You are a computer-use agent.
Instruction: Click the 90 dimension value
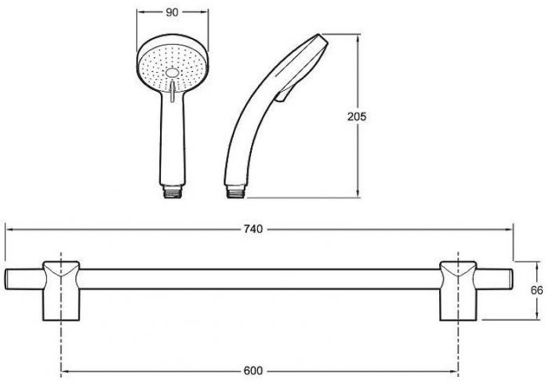[172, 13]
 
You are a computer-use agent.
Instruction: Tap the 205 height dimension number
[357, 116]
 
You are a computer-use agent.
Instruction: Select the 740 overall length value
[253, 229]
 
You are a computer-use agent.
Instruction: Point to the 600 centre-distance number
[253, 370]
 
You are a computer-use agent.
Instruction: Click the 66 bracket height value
[537, 291]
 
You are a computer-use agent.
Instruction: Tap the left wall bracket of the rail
[61, 291]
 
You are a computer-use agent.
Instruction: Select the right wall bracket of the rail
[457, 291]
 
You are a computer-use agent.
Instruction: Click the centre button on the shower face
[172, 73]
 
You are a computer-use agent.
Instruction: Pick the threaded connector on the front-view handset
[173, 192]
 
